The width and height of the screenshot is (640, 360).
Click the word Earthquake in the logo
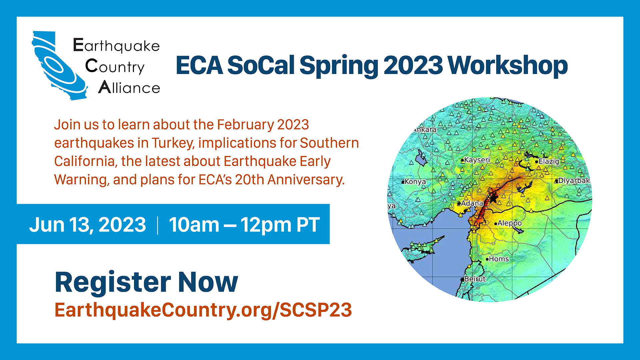116,46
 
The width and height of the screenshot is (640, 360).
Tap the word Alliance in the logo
129,87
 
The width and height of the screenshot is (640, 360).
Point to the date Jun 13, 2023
88,225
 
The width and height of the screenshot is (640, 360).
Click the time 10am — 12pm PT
244,225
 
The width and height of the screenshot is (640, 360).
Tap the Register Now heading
146,282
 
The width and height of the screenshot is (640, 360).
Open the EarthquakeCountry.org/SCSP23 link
203,310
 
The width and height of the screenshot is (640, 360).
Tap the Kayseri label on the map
477,160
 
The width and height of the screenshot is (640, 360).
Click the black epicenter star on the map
493,197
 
